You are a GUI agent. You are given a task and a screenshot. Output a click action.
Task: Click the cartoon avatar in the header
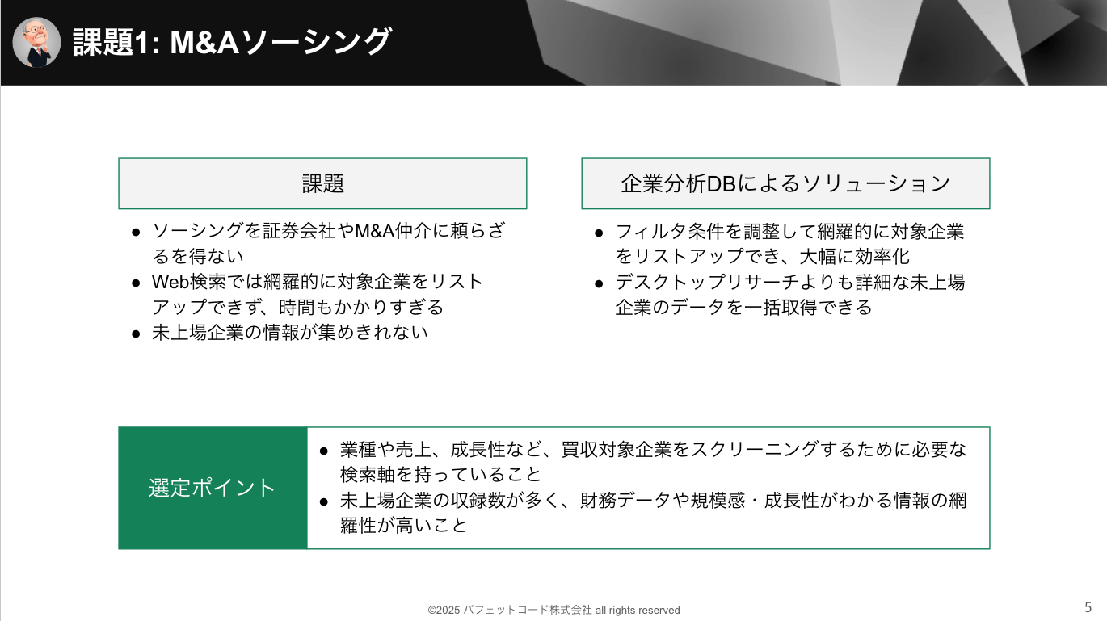coord(36,42)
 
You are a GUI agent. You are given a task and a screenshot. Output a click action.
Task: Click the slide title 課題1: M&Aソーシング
coord(232,41)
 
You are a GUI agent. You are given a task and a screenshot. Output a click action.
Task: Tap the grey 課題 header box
coord(322,183)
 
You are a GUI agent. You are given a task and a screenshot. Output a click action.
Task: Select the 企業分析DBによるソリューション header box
coord(785,183)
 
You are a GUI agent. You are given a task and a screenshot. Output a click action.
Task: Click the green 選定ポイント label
coord(213,488)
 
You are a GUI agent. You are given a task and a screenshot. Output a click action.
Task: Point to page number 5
coord(1088,606)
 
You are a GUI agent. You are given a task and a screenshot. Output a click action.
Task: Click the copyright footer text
coord(553,611)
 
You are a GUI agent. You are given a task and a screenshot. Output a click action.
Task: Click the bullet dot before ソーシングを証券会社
coord(136,233)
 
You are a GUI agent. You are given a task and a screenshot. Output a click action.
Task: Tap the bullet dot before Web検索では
coord(136,283)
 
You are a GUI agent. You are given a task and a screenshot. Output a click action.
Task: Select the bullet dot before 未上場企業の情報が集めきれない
coord(136,334)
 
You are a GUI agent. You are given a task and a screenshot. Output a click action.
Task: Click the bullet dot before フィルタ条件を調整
coord(599,233)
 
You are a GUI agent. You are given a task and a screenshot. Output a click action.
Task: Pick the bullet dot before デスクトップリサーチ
coord(599,283)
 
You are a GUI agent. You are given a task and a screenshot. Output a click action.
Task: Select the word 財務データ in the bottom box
coord(625,500)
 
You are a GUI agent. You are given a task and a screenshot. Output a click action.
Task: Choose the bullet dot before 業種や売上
coord(324,451)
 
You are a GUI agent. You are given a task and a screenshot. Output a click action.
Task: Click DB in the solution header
coord(722,184)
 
